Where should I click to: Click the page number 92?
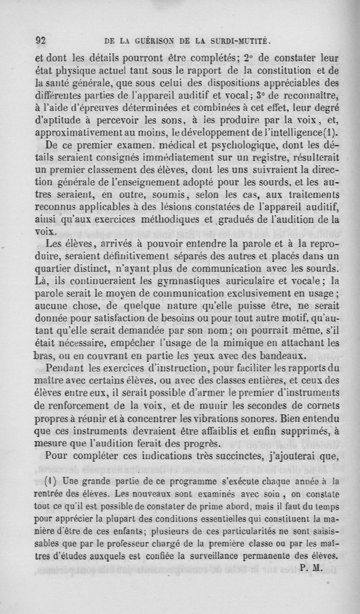coord(41,40)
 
